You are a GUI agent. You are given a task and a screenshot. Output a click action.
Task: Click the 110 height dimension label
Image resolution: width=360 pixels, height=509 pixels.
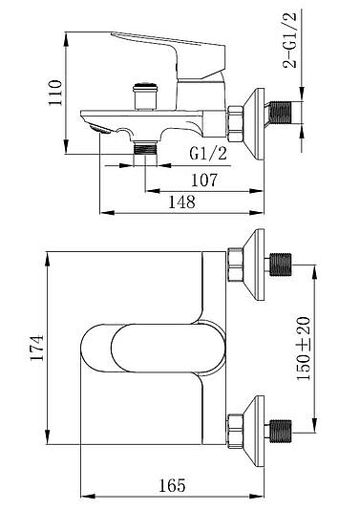click(x=54, y=93)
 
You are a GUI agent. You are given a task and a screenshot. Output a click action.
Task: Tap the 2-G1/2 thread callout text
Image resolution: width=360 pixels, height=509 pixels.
click(x=290, y=40)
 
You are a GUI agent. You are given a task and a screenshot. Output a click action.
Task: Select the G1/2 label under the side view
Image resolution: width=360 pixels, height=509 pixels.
click(x=208, y=153)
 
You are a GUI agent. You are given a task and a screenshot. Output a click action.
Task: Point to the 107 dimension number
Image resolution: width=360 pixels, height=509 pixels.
click(x=204, y=180)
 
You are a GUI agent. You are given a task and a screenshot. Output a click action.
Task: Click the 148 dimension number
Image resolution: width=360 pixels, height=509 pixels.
click(x=181, y=201)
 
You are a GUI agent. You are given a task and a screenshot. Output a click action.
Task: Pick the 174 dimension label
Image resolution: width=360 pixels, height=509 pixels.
click(x=36, y=348)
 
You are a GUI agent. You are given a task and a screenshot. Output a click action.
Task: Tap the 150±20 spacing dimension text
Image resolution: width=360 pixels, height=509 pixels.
click(x=304, y=349)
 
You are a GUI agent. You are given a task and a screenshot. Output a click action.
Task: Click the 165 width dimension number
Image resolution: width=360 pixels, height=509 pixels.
click(x=173, y=486)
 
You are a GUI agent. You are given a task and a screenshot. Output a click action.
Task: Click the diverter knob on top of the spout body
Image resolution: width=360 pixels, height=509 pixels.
click(x=145, y=96)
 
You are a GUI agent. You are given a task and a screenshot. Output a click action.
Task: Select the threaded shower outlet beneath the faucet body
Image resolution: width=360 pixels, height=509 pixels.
click(x=145, y=148)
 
